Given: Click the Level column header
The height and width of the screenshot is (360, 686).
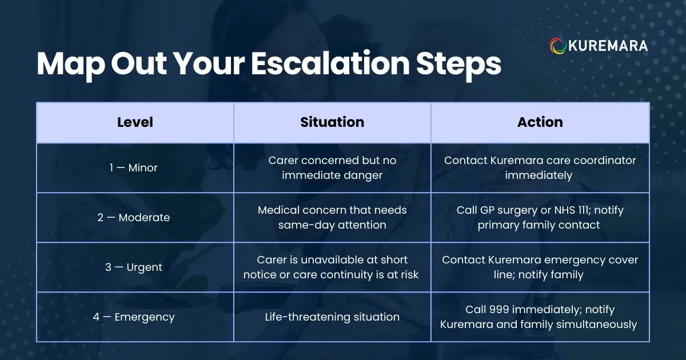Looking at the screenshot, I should coord(135,122).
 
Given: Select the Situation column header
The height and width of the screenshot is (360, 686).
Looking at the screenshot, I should coord(332,122).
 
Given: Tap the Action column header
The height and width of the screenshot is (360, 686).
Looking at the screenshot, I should coord(540,122).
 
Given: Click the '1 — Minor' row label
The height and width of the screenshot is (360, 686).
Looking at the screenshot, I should coord(134,168).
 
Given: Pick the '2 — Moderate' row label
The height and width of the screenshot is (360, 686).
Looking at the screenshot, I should coord(134,218).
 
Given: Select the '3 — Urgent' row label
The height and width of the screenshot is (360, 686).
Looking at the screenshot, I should coord(134,267).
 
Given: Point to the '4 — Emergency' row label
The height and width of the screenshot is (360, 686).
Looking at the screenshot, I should coord(134,317).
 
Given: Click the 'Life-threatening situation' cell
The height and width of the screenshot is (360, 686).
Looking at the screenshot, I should coord(332,317).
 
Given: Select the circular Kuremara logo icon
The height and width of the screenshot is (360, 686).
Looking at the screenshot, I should coord(557,46).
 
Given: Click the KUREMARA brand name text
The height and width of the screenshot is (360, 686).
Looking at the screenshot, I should coord(608,46).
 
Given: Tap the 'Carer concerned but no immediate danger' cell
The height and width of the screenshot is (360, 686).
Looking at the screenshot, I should coord(332,168).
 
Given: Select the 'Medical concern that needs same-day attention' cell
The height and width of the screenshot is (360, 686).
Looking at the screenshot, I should coord(332,218).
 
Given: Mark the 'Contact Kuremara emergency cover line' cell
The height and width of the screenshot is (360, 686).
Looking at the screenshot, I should coord(540,267).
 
